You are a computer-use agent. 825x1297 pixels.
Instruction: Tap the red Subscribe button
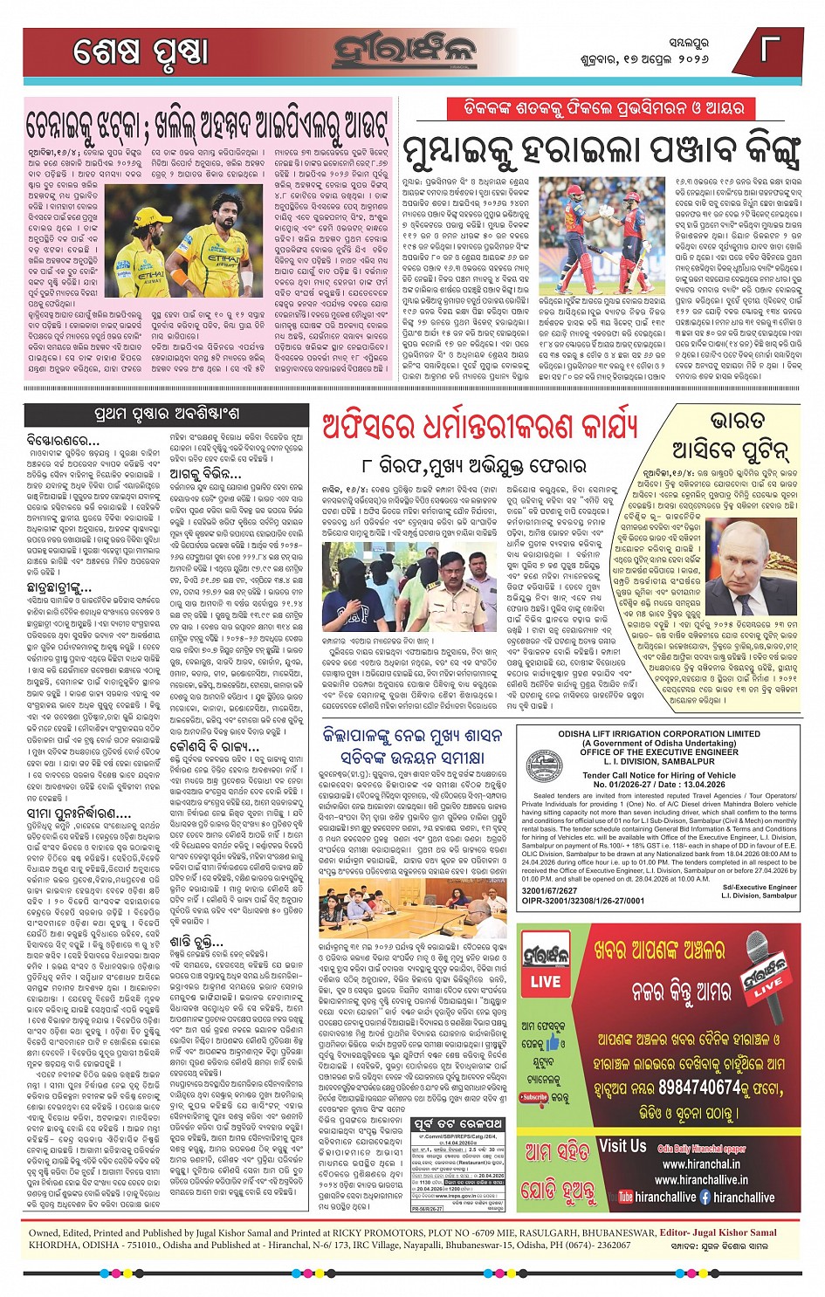(533, 1097)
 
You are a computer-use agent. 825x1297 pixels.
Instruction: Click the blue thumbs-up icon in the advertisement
(553, 1042)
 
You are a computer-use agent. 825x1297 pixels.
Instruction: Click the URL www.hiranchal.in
(701, 1163)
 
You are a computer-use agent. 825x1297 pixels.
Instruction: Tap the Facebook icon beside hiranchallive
(705, 1197)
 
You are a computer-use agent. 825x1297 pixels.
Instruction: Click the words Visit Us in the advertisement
(622, 1147)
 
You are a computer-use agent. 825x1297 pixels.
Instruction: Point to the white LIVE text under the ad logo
(546, 982)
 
